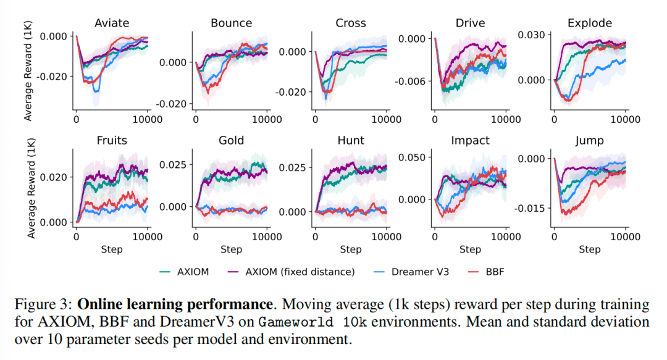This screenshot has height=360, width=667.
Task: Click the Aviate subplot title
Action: tap(112, 23)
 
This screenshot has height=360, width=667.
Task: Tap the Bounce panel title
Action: tap(231, 23)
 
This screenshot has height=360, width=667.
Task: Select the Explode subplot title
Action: tap(590, 23)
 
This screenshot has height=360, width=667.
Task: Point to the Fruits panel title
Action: tap(112, 140)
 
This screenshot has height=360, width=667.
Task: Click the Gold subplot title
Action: tap(231, 140)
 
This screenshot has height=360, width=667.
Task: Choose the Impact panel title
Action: tap(470, 140)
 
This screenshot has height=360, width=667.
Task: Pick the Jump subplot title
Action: tap(590, 140)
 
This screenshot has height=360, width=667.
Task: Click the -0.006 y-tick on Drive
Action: tap(412, 82)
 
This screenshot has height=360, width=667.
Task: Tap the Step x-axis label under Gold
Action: tap(231, 249)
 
